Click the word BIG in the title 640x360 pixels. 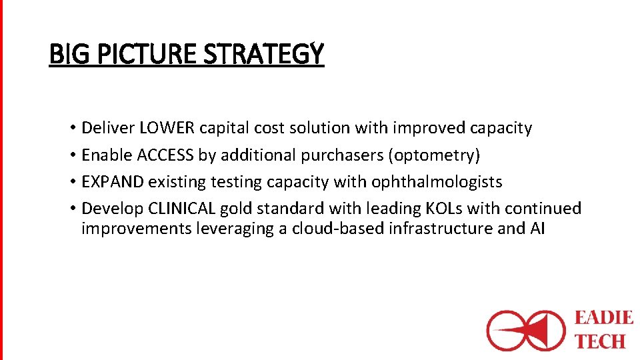tap(65, 53)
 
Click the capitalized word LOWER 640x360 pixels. tap(167, 128)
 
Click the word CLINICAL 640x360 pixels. tap(182, 209)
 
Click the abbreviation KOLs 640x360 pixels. tap(444, 209)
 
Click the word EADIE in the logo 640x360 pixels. tap(603, 317)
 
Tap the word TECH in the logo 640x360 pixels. tap(600, 341)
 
